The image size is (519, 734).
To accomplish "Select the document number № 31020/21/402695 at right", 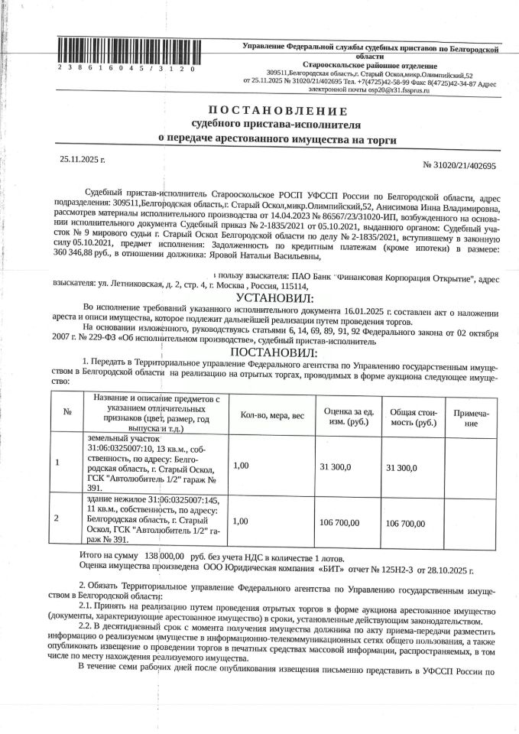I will click(459, 165).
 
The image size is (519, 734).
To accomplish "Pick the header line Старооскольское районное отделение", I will click(370, 67).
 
